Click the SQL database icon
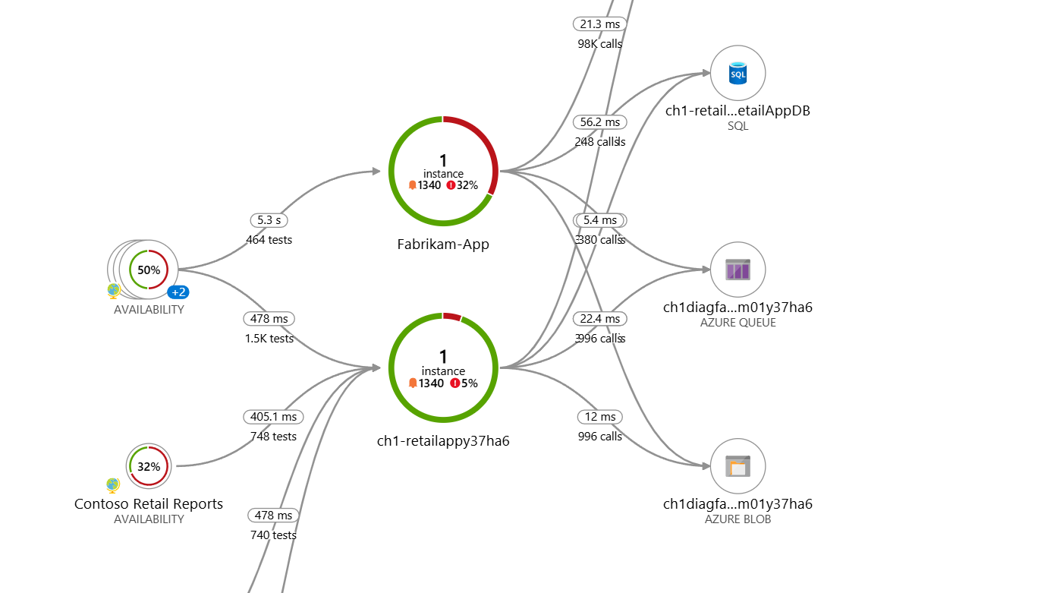pyautogui.click(x=738, y=73)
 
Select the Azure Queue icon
pyautogui.click(x=738, y=270)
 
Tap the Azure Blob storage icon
pyautogui.click(x=738, y=466)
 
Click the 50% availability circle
pyautogui.click(x=149, y=270)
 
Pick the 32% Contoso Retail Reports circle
pyautogui.click(x=149, y=466)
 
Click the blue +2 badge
pyautogui.click(x=179, y=292)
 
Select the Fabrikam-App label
pyautogui.click(x=443, y=244)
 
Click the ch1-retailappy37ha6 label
pyautogui.click(x=443, y=440)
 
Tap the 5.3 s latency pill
pyautogui.click(x=269, y=220)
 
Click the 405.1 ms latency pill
pyautogui.click(x=273, y=417)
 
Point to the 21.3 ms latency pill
pyautogui.click(x=600, y=24)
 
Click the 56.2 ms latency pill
pyautogui.click(x=600, y=121)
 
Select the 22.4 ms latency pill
pyautogui.click(x=600, y=319)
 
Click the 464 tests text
pyautogui.click(x=269, y=240)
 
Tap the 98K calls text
pyautogui.click(x=600, y=44)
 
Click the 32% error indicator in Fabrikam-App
pyautogui.click(x=462, y=185)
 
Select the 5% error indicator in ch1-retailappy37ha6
pyautogui.click(x=464, y=383)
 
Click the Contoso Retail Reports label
pyautogui.click(x=149, y=504)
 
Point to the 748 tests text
pyautogui.click(x=273, y=437)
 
